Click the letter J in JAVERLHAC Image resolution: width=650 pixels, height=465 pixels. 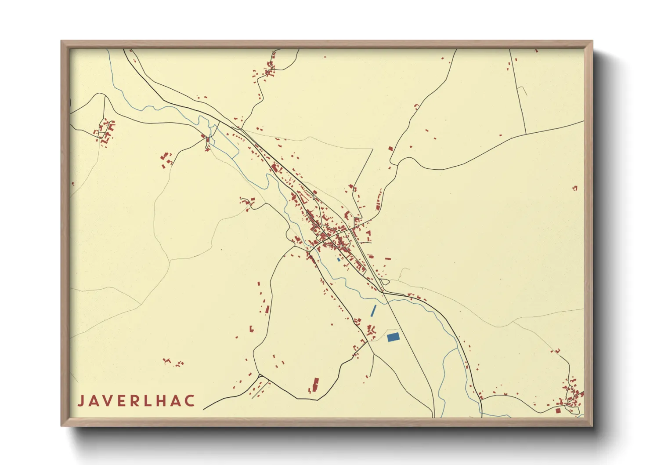[x=81, y=401]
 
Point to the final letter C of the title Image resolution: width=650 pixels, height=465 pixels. [x=190, y=401]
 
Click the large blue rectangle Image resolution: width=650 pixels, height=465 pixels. [x=393, y=337]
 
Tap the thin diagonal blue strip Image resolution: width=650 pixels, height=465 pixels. [x=374, y=311]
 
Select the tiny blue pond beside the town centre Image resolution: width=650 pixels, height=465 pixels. [x=338, y=259]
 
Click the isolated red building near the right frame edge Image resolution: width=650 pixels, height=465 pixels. [x=574, y=188]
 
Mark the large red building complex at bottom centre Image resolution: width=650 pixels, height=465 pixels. [x=314, y=385]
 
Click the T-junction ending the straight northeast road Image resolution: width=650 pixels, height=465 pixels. [x=526, y=134]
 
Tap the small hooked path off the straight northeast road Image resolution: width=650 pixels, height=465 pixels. [x=522, y=90]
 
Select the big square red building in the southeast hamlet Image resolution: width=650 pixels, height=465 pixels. [x=558, y=411]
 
